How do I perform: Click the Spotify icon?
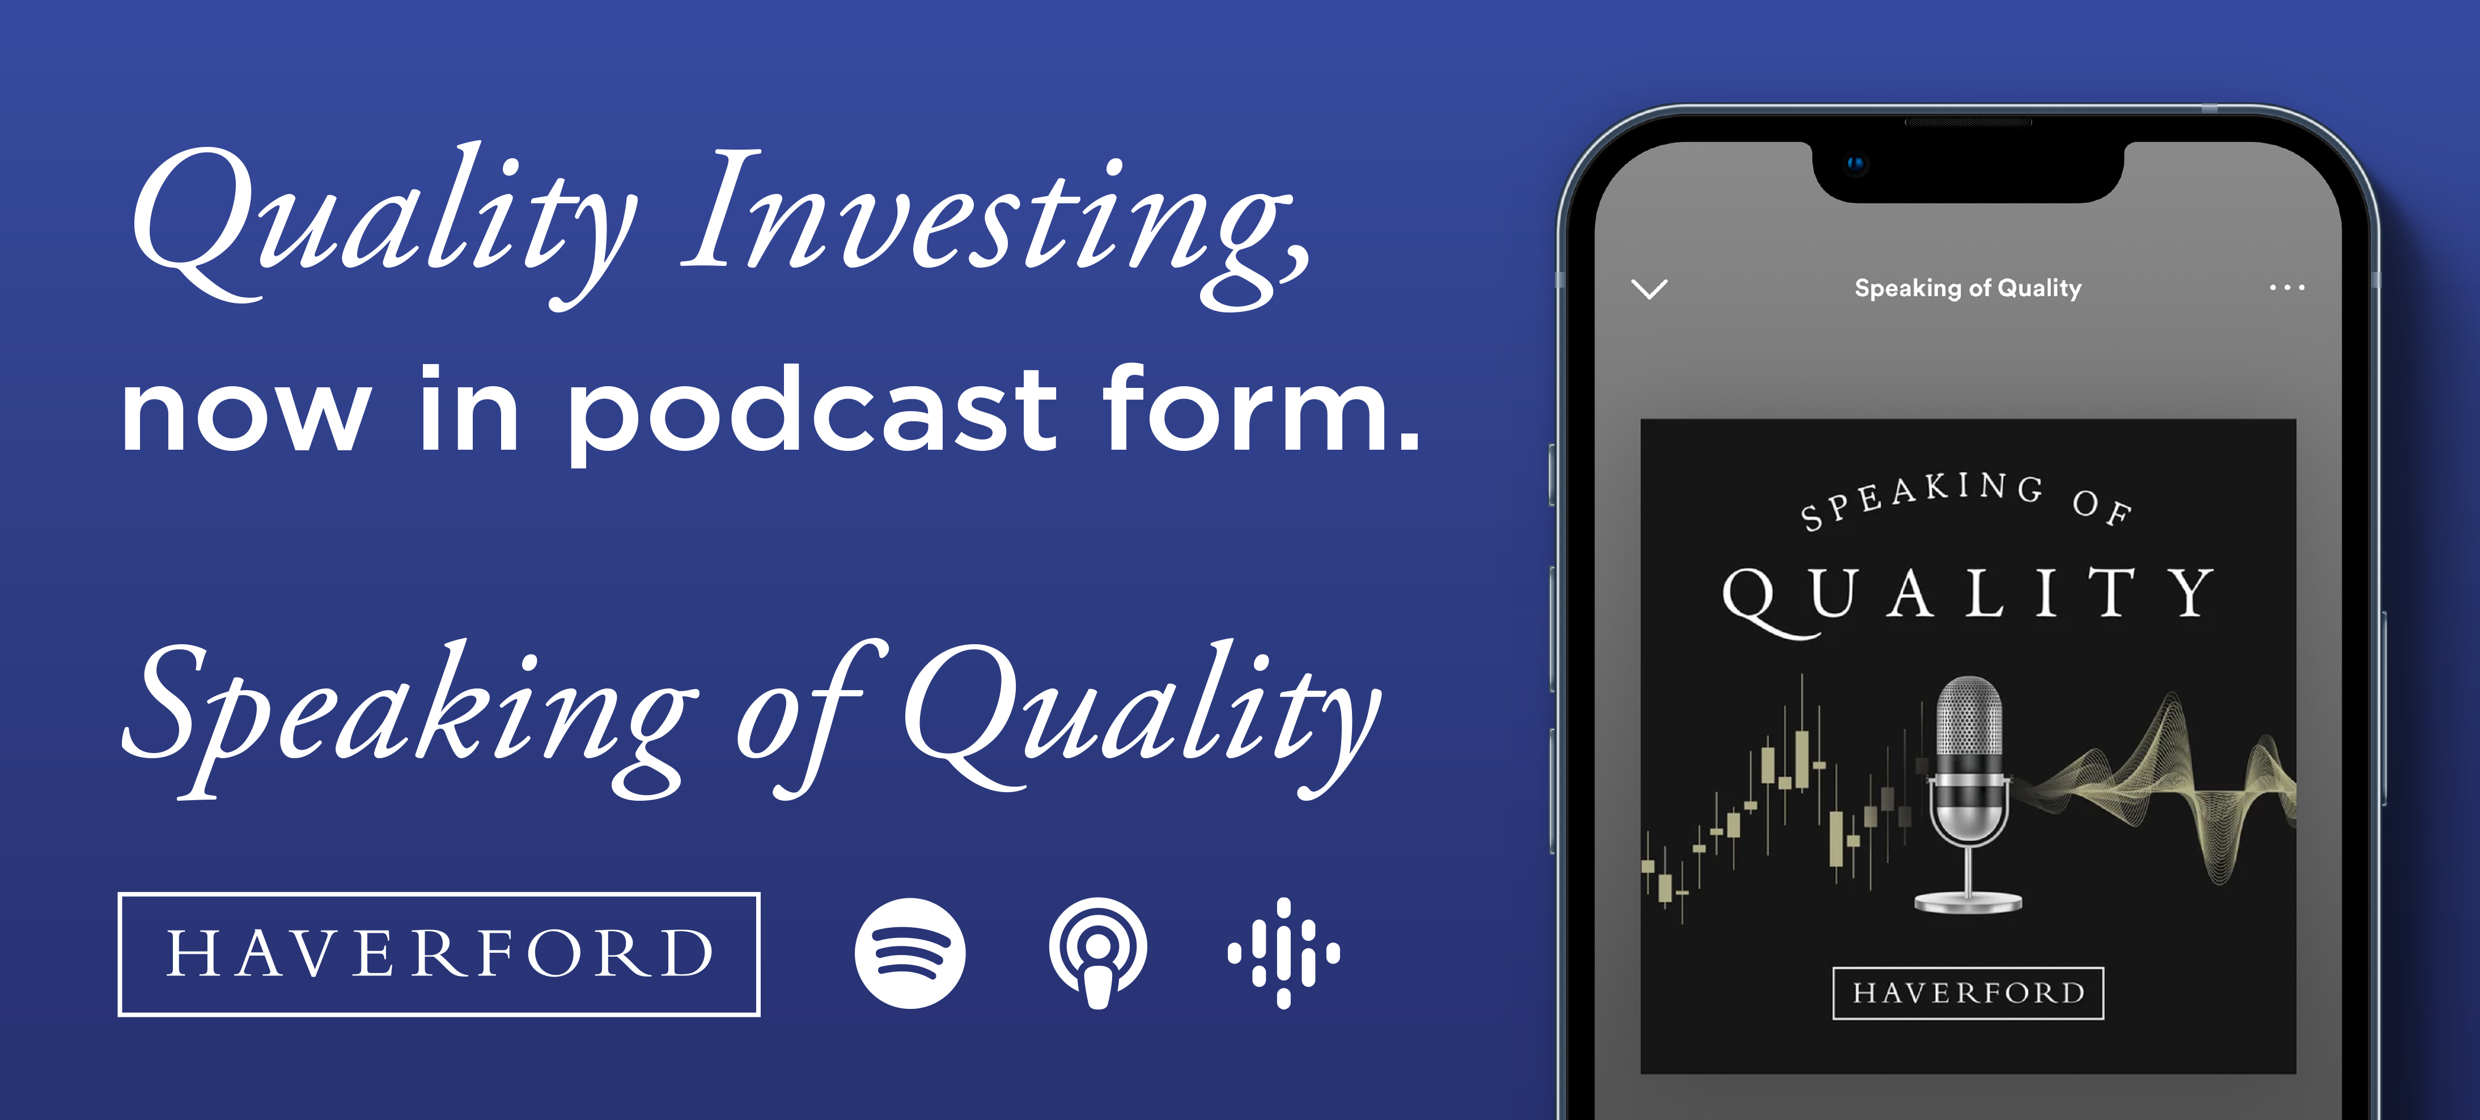[x=910, y=953]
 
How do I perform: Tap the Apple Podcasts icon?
[x=1097, y=953]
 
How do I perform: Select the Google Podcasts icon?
[x=1283, y=953]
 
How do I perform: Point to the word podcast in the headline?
[x=812, y=412]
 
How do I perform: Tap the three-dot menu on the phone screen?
[x=2287, y=287]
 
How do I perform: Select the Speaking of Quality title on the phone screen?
[x=1968, y=288]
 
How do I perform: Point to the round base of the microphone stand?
[x=1968, y=902]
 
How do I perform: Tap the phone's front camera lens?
[x=1855, y=164]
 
